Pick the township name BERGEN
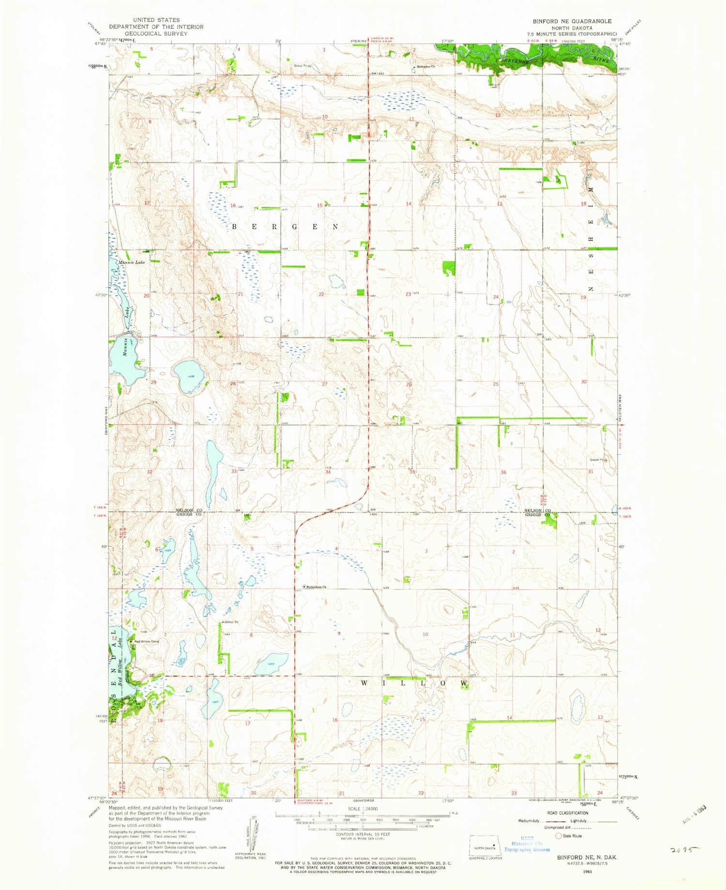286,227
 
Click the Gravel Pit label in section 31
596,460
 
